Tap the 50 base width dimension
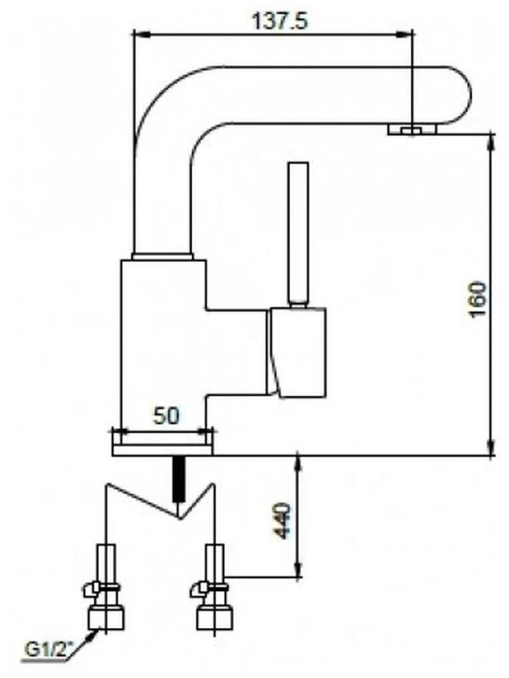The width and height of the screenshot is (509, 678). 166,417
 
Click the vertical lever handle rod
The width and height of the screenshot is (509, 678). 297,233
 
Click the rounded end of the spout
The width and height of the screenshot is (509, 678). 459,95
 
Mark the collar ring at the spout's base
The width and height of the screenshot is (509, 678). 162,256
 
